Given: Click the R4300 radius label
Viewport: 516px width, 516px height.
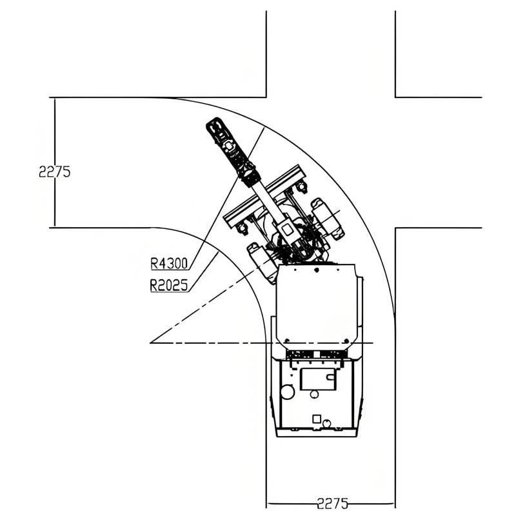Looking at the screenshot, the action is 169,263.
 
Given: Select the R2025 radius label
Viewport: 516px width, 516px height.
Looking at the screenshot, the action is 169,285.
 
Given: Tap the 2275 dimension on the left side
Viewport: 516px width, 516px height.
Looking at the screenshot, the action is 55,172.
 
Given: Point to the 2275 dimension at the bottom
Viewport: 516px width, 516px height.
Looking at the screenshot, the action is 332,504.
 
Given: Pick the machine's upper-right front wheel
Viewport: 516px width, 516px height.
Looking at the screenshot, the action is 328,218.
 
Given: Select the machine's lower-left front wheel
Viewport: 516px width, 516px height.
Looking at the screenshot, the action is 263,263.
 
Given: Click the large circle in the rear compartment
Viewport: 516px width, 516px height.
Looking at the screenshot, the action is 287,392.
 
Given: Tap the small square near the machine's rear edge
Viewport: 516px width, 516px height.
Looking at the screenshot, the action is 316,419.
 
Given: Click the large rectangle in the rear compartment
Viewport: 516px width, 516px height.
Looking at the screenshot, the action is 318,379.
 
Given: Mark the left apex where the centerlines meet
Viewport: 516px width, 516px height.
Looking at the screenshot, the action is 150,343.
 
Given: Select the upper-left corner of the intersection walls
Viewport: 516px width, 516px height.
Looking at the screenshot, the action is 266,97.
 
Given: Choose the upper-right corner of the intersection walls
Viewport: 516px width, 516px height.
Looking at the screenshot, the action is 395,97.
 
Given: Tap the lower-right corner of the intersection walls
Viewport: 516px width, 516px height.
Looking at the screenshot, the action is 395,228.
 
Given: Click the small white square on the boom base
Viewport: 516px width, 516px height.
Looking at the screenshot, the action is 287,229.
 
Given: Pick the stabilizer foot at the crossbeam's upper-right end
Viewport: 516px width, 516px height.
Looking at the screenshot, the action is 301,188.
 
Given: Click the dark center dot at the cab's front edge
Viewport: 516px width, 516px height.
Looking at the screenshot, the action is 317,270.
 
